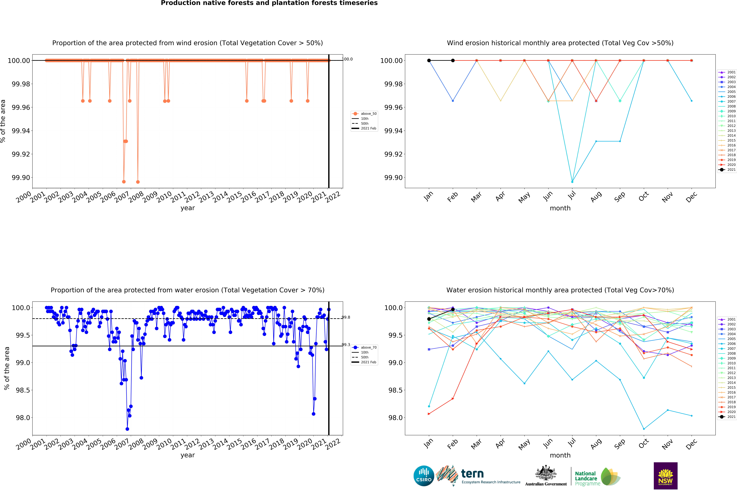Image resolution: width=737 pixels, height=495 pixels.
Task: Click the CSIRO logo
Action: point(424,476)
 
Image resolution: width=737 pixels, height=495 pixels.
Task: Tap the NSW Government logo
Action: point(665,476)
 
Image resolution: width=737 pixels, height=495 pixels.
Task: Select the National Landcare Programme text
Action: point(587,478)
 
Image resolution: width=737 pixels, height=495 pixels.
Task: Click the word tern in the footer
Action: point(472,474)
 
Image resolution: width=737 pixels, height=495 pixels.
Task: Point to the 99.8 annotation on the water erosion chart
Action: point(346,317)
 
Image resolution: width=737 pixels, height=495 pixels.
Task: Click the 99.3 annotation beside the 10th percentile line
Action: point(346,345)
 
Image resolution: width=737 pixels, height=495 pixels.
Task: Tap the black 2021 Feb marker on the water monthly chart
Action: point(453,309)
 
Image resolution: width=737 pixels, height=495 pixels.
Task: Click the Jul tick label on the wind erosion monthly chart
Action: point(572,196)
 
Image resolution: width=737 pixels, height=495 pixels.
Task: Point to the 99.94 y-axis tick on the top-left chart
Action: point(21,131)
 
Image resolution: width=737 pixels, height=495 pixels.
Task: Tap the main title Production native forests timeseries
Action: point(269,3)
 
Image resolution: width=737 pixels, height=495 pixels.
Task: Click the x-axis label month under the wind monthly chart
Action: point(560,208)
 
